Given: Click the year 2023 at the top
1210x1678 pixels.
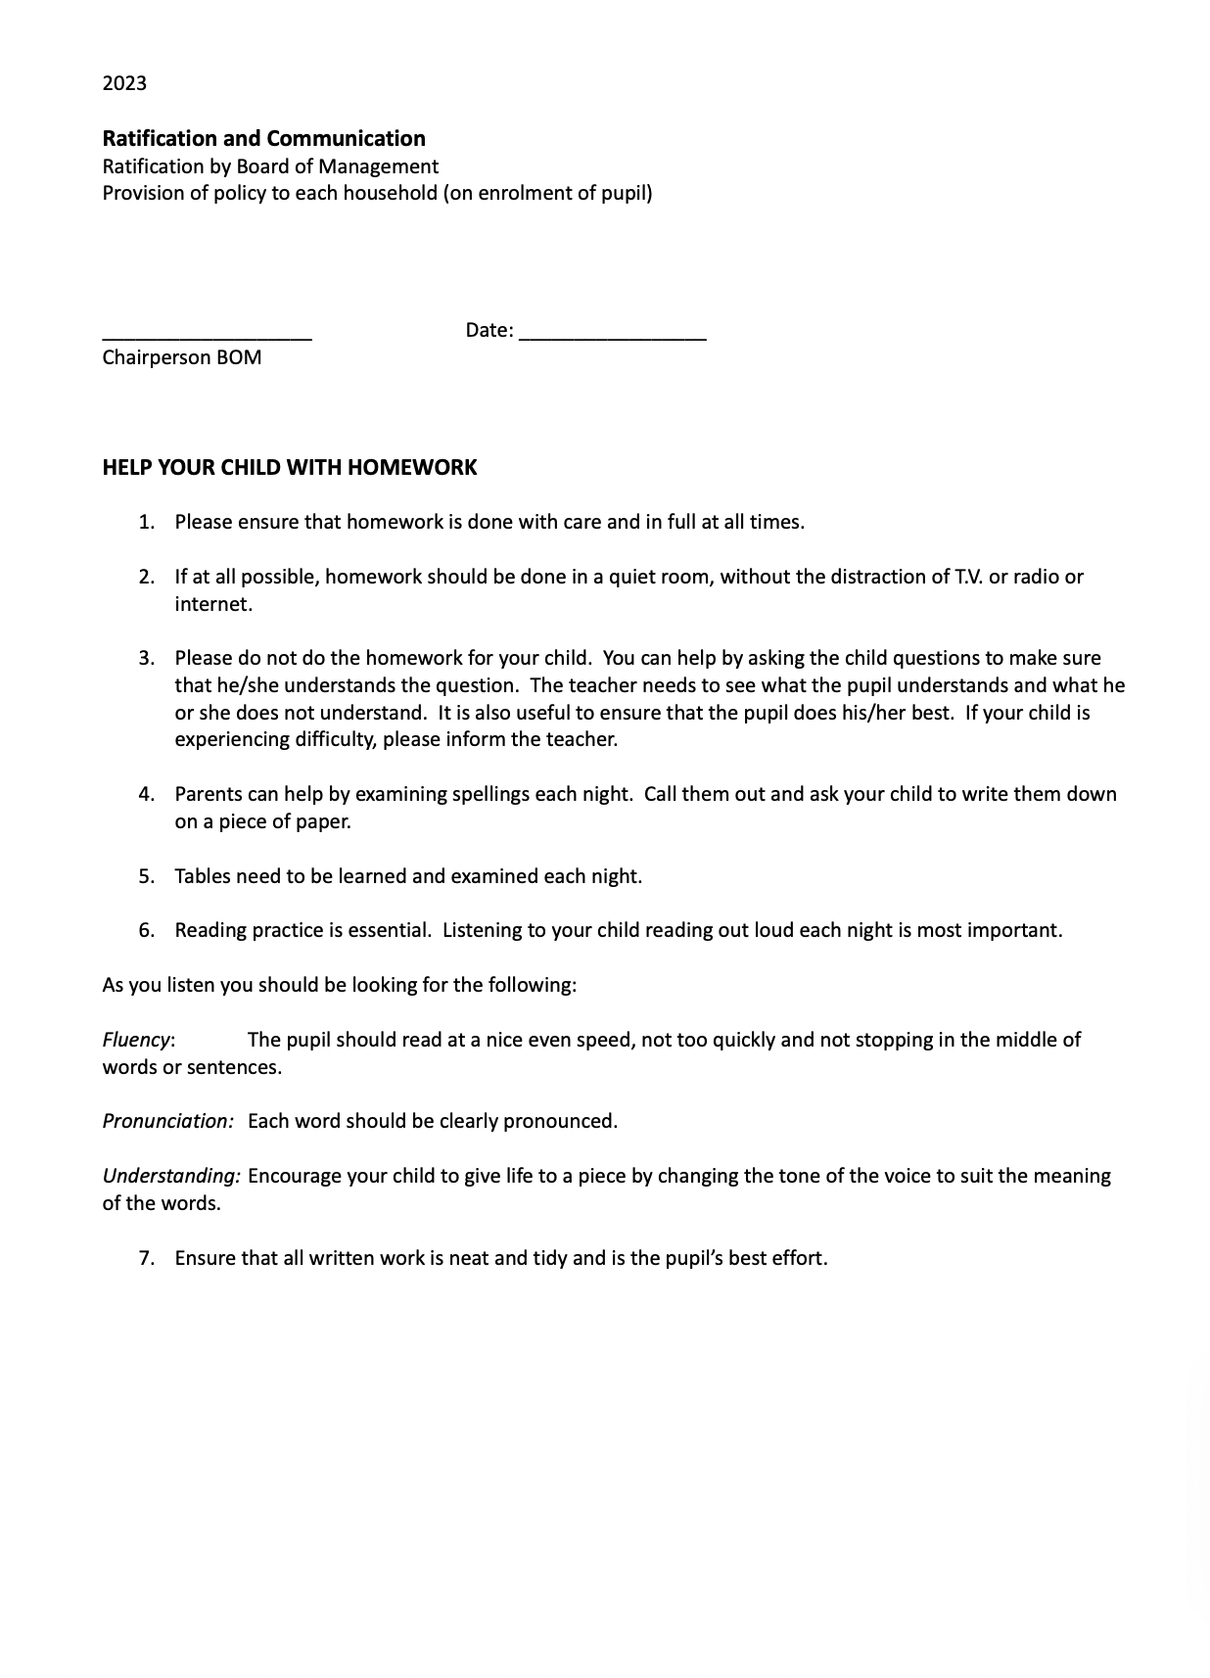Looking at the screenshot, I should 124,83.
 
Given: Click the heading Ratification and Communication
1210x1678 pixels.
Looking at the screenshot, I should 263,138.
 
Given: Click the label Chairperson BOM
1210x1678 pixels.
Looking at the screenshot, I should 182,357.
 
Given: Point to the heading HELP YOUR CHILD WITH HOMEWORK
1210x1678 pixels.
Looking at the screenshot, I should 289,468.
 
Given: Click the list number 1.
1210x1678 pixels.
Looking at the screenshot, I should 146,522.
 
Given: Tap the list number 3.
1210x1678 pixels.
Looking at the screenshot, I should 146,658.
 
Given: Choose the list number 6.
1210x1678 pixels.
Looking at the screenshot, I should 146,930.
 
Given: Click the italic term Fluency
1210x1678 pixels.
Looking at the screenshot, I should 137,1040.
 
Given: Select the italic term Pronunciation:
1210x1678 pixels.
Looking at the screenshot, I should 167,1121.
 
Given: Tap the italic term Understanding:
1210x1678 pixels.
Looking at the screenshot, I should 171,1176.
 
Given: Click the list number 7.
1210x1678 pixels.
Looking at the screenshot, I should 146,1258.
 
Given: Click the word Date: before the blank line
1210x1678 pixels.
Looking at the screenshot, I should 489,331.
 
